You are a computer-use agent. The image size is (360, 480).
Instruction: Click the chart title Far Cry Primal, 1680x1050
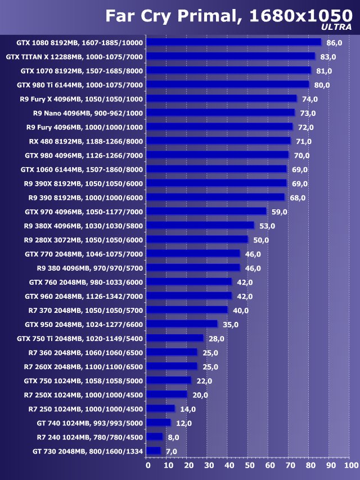click(224, 15)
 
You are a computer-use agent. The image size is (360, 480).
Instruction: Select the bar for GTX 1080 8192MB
click(234, 42)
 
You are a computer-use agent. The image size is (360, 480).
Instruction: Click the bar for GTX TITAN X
click(231, 56)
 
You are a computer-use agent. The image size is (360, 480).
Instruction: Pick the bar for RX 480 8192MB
click(219, 141)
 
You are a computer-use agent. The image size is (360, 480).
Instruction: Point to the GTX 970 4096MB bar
click(206, 211)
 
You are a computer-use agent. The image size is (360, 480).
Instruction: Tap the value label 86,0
click(334, 43)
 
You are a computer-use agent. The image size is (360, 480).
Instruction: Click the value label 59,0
click(280, 212)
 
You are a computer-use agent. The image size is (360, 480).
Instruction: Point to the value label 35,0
click(231, 324)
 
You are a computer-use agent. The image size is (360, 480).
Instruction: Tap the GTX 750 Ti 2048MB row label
click(80, 338)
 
